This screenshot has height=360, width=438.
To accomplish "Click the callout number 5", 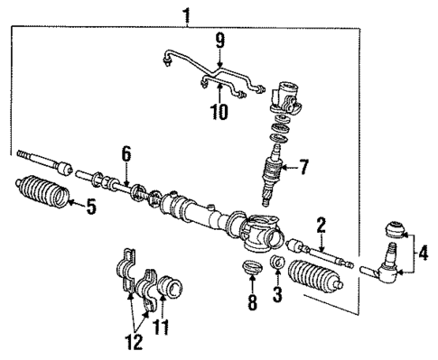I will [89, 207].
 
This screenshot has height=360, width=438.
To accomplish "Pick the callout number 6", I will [127, 155].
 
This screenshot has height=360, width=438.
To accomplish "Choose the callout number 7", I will [303, 166].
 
